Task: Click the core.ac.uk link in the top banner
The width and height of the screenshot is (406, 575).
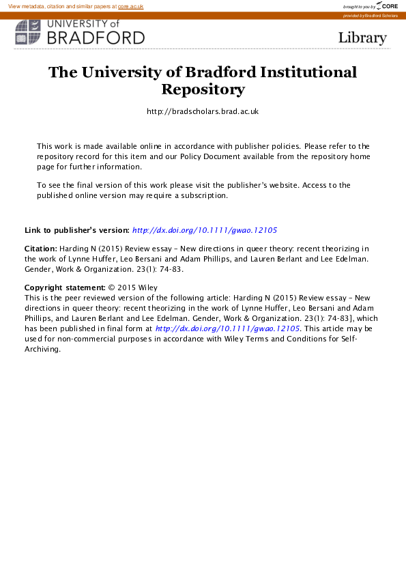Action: pyautogui.click(x=130, y=6)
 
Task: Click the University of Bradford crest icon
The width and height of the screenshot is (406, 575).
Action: pyautogui.click(x=28, y=32)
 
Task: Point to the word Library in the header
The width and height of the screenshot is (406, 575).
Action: pyautogui.click(x=362, y=38)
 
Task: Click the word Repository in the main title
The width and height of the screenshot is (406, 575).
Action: pyautogui.click(x=203, y=89)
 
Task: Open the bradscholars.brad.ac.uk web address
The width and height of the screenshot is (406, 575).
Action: pyautogui.click(x=203, y=111)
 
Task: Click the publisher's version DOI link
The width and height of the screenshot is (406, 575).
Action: pyautogui.click(x=204, y=231)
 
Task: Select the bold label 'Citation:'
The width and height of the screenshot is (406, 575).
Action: pyautogui.click(x=41, y=249)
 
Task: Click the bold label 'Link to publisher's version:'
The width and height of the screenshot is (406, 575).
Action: pyautogui.click(x=76, y=231)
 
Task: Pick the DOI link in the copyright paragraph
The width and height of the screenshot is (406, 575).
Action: pyautogui.click(x=228, y=328)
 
